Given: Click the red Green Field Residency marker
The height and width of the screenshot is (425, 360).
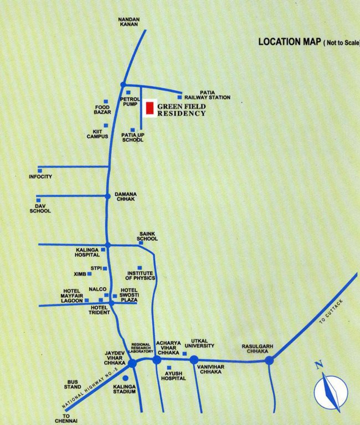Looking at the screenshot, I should (150, 108).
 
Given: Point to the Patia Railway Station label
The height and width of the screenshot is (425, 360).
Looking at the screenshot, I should (207, 95).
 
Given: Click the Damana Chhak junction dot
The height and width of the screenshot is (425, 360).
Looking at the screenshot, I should (107, 196).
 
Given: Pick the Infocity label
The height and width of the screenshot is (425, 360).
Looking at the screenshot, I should (40, 177).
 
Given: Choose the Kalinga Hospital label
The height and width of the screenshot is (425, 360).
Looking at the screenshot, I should (88, 252).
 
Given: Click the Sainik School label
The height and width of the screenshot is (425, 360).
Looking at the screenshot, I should (148, 236).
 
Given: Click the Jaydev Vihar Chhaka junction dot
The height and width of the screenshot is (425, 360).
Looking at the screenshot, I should (132, 363).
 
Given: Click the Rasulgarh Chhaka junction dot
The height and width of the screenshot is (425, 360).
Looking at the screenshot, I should (269, 360).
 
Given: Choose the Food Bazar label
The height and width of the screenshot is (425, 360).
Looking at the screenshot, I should (102, 110).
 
